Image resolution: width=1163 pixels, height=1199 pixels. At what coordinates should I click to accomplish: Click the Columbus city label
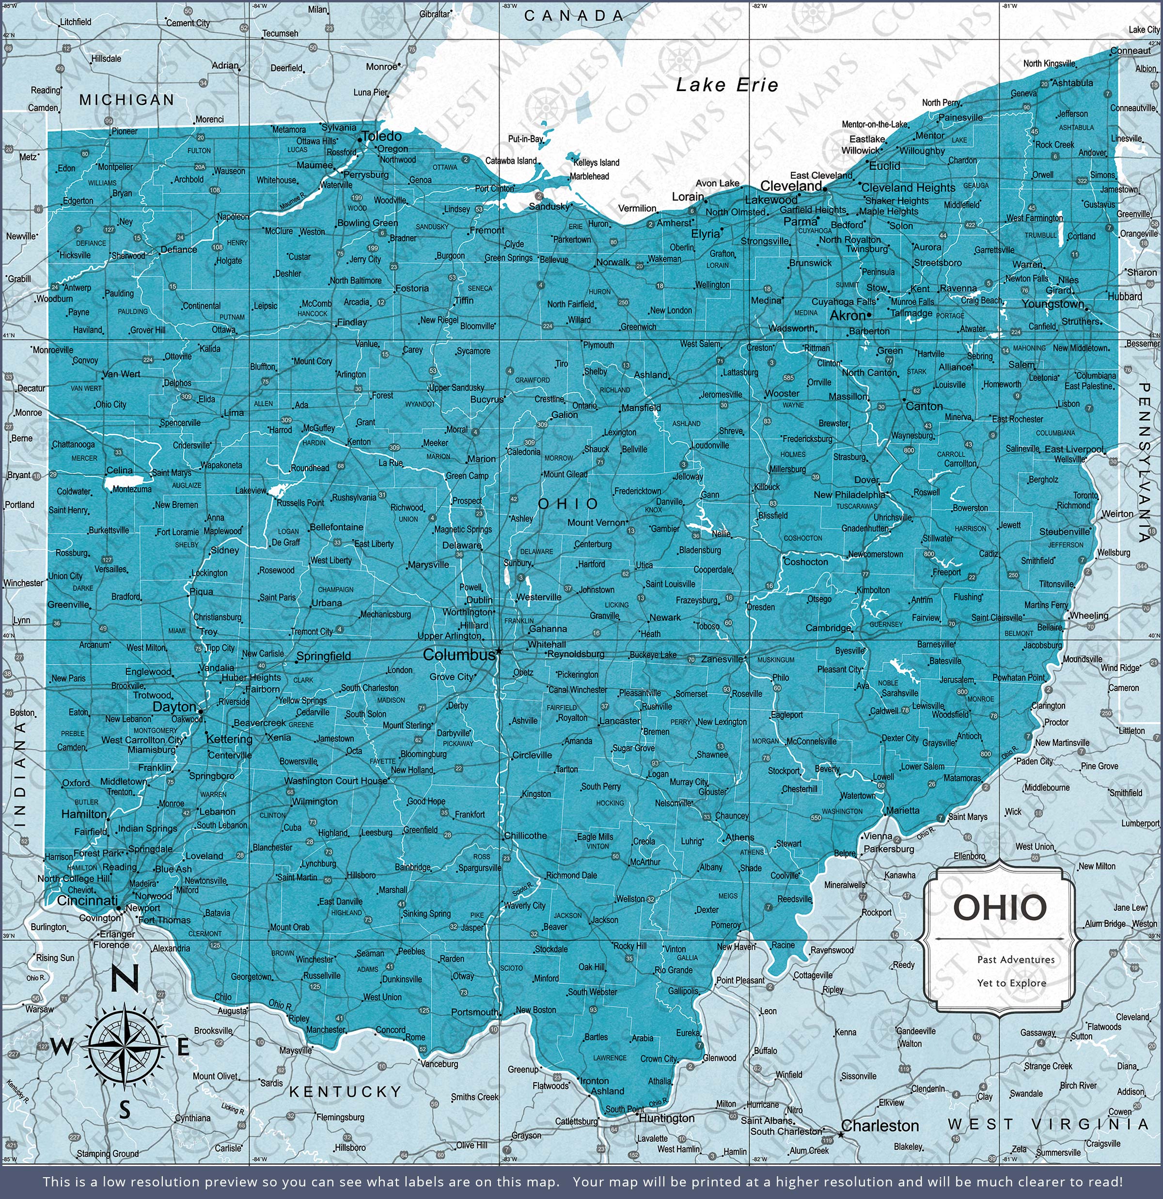tap(459, 655)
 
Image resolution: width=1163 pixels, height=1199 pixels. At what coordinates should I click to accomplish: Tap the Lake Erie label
tap(727, 85)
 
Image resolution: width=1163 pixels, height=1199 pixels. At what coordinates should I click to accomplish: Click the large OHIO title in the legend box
tap(1000, 907)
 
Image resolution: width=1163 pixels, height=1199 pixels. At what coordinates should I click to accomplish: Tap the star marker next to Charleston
tap(841, 1135)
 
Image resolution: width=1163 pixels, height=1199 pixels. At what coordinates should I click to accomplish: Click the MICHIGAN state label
tap(126, 100)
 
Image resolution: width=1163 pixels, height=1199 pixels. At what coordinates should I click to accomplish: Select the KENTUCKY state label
tap(345, 1092)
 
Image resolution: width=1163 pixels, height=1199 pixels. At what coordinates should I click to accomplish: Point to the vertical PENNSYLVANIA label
tap(1145, 462)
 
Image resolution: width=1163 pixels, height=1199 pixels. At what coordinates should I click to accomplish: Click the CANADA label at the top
tap(573, 16)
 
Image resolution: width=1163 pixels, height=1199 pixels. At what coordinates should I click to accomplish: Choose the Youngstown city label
tap(1052, 304)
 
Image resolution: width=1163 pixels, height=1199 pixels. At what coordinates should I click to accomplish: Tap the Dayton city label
tap(174, 707)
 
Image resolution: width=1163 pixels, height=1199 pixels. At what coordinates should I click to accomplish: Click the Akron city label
tap(848, 316)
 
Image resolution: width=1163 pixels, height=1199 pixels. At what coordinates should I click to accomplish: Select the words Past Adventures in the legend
tap(1016, 960)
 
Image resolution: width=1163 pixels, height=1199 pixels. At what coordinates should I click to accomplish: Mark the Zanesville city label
tap(722, 659)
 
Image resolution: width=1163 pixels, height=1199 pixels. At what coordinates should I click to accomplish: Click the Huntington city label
tap(666, 1118)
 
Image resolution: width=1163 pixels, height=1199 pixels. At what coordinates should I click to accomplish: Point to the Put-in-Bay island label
tap(525, 139)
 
